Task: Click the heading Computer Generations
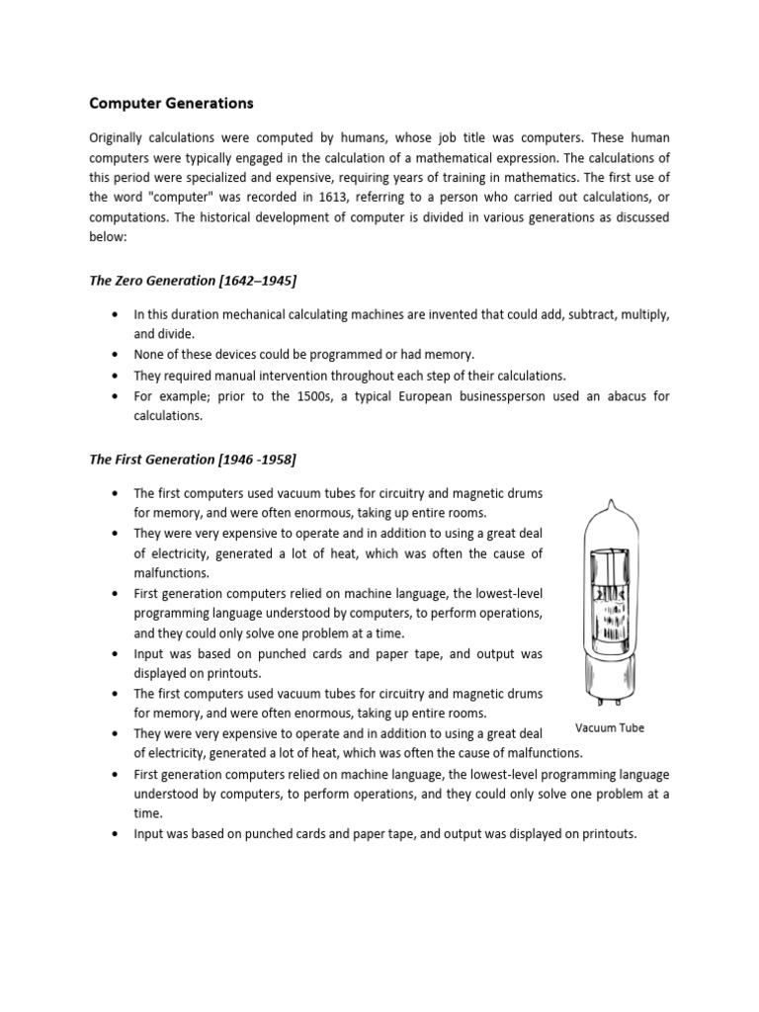[x=171, y=103]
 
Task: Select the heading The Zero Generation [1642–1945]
[x=193, y=282]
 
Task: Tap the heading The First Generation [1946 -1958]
[x=193, y=460]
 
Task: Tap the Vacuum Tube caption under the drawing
[x=610, y=728]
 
